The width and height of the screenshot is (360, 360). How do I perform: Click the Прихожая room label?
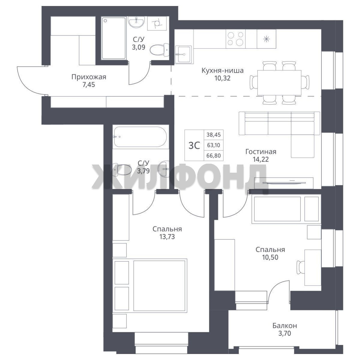click(89, 77)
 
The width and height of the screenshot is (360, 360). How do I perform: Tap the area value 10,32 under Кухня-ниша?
click(222, 78)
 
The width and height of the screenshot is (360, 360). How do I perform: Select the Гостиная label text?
click(261, 152)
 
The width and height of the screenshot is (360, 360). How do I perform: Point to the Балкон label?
click(285, 326)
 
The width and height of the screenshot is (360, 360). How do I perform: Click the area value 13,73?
click(167, 236)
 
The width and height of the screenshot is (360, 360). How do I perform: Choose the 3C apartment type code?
click(194, 145)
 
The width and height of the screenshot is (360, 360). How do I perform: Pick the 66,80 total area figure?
click(214, 156)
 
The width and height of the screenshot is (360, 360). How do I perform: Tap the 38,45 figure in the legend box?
click(214, 135)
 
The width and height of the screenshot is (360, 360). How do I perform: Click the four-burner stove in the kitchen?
click(236, 39)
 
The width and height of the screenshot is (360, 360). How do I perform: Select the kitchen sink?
click(183, 54)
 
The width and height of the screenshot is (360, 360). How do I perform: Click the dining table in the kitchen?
click(279, 83)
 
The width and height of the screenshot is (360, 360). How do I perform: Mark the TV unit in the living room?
click(284, 183)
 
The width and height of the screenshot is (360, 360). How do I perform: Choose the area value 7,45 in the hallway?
click(89, 85)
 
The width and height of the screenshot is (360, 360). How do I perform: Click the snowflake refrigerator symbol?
click(266, 39)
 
